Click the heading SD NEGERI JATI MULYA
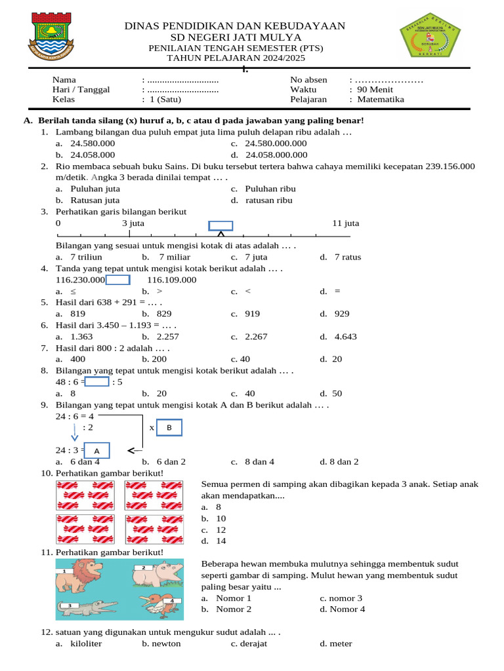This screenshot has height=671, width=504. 236,37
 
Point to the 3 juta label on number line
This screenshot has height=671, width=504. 133,223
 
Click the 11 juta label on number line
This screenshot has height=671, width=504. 346,223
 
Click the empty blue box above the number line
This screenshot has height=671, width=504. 220,226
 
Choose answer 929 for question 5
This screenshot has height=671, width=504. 341,314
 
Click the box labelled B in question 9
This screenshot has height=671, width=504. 169,428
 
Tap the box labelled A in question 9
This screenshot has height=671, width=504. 96,451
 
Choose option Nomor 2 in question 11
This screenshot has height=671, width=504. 234,609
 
